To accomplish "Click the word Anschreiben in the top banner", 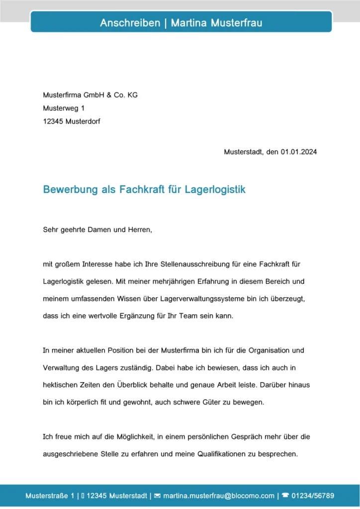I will coord(130,23).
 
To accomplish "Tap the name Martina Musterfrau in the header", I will coord(216,23).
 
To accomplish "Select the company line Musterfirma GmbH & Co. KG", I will coord(90,95).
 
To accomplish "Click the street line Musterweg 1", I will coord(64,108).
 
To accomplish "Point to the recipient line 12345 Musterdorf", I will coord(72,121).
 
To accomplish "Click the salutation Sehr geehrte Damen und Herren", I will coord(97,230).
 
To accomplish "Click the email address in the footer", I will coord(219,496).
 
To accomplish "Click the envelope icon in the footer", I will coord(157,496).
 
